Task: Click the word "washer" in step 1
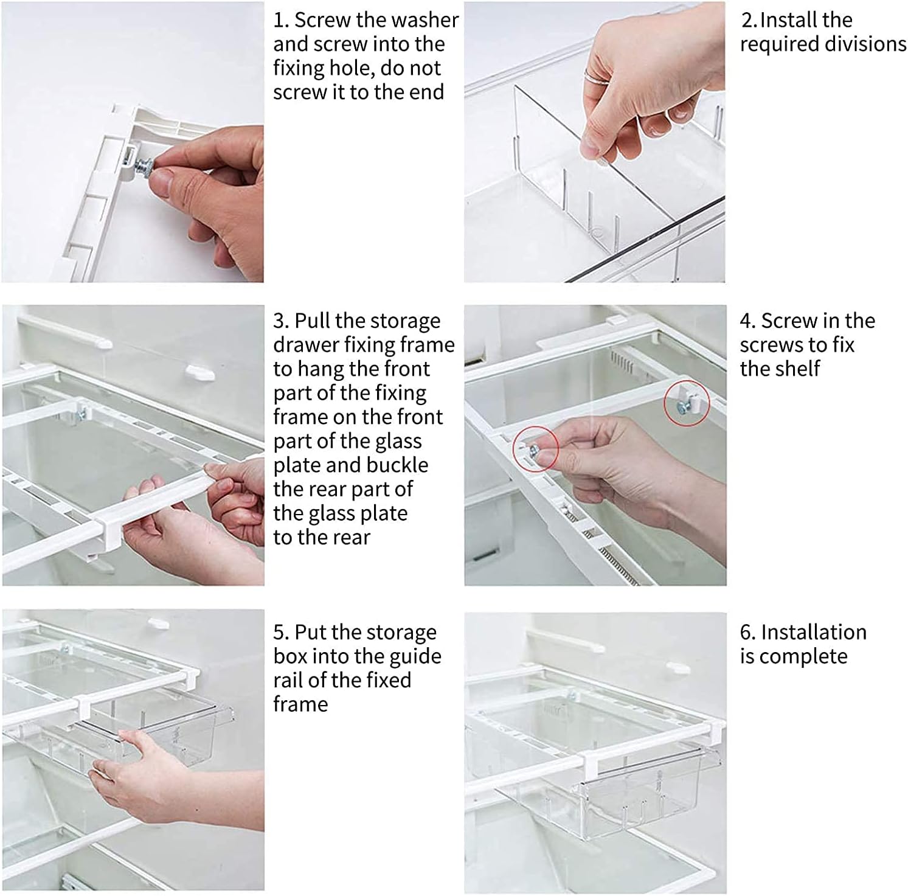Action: coord(420,20)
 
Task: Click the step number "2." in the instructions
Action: coord(749,20)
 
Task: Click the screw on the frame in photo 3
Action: coord(78,417)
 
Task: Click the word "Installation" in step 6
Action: coord(814,633)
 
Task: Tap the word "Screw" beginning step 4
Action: coord(788,321)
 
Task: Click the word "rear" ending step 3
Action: coord(347,538)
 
